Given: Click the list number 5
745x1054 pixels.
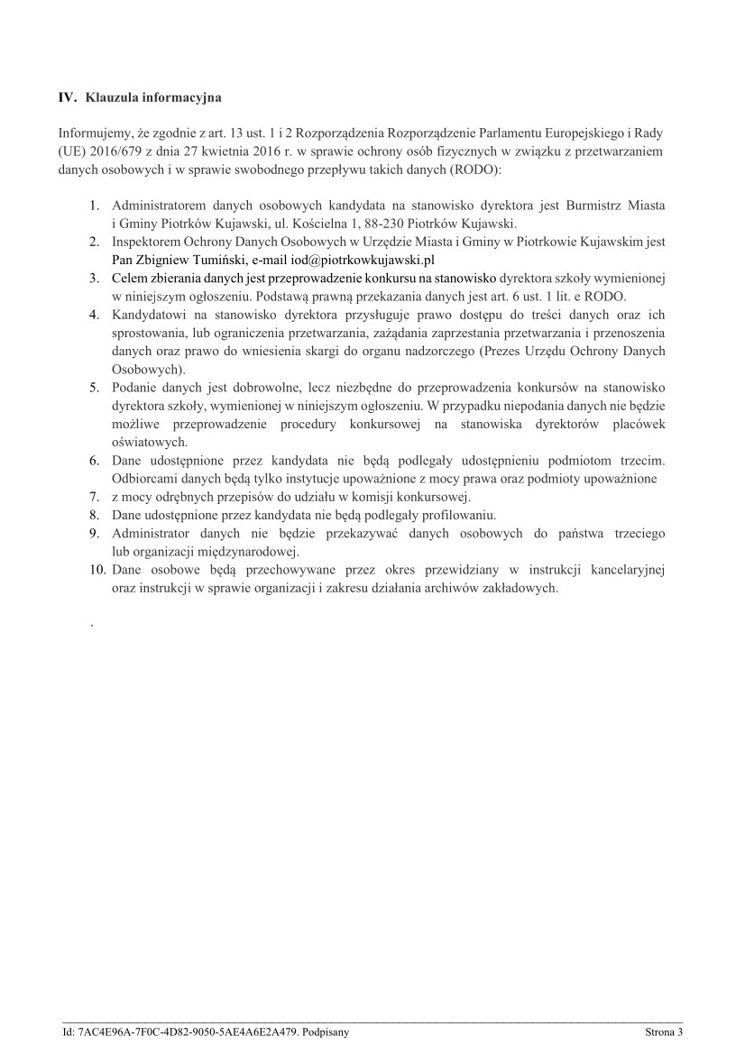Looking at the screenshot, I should [x=94, y=388].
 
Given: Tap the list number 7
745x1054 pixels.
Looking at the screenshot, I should [x=94, y=497].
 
